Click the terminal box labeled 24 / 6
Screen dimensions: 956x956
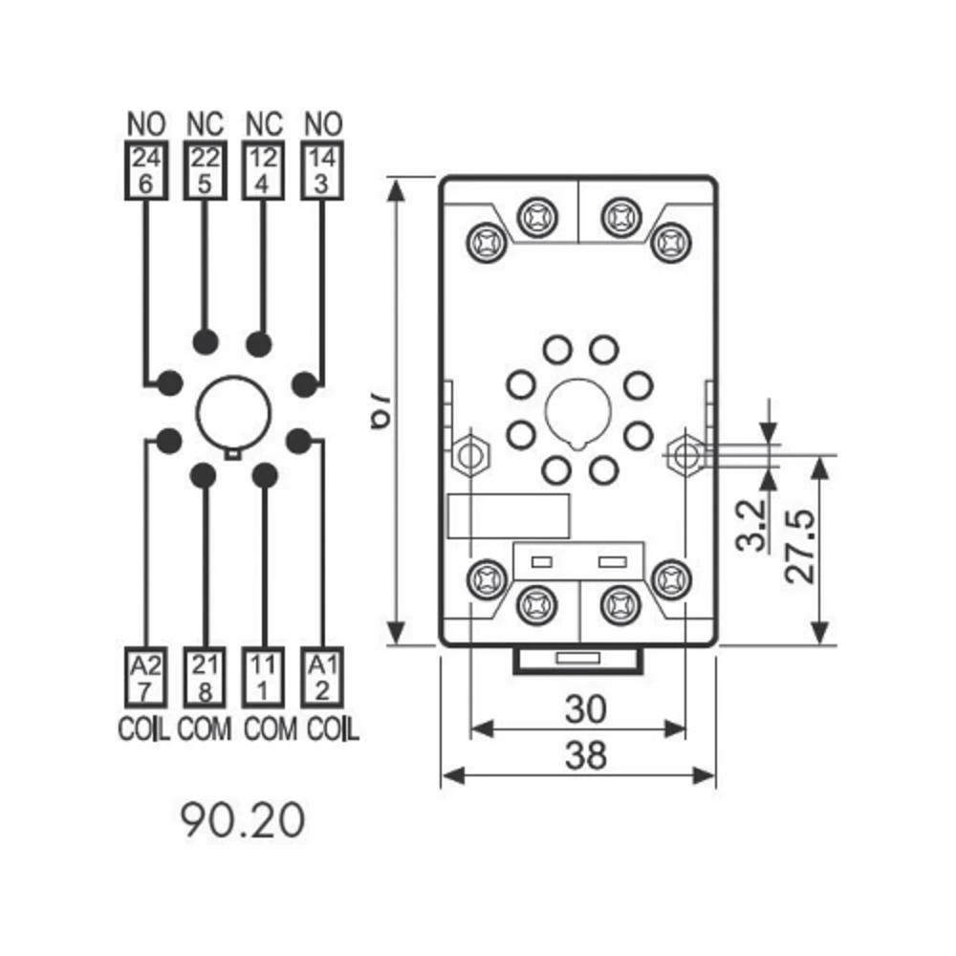[145, 169]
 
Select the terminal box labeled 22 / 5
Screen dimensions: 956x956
[204, 169]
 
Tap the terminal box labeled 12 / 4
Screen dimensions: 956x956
[263, 169]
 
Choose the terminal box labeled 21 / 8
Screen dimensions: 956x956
[204, 677]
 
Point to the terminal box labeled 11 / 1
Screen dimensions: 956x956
[263, 677]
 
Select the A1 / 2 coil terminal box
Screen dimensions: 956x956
[322, 677]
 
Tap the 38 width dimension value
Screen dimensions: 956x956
[584, 755]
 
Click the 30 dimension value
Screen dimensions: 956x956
[584, 710]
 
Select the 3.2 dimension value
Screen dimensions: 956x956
[752, 525]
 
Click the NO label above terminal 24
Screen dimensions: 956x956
[145, 124]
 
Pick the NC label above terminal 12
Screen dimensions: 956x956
[264, 124]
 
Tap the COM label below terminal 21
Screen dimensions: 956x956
[205, 728]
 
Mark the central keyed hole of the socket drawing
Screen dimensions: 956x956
[577, 412]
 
